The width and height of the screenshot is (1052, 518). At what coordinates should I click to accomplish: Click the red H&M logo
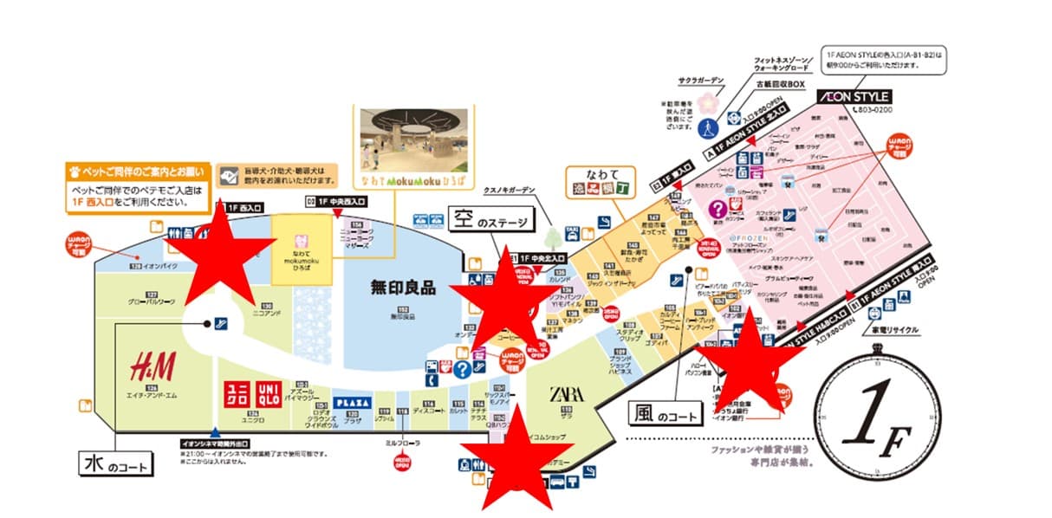tap(153, 367)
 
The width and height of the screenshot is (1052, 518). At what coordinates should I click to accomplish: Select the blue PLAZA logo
tap(353, 403)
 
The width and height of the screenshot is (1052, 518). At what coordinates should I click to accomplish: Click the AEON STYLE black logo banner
tap(852, 96)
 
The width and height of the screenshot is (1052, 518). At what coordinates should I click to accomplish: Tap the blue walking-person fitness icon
tap(709, 126)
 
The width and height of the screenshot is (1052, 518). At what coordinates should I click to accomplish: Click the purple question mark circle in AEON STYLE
tap(718, 209)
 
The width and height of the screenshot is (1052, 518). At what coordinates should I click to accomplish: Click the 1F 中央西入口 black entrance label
tap(337, 201)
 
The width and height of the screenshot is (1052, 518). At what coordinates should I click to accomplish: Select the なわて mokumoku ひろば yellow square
tap(302, 248)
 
